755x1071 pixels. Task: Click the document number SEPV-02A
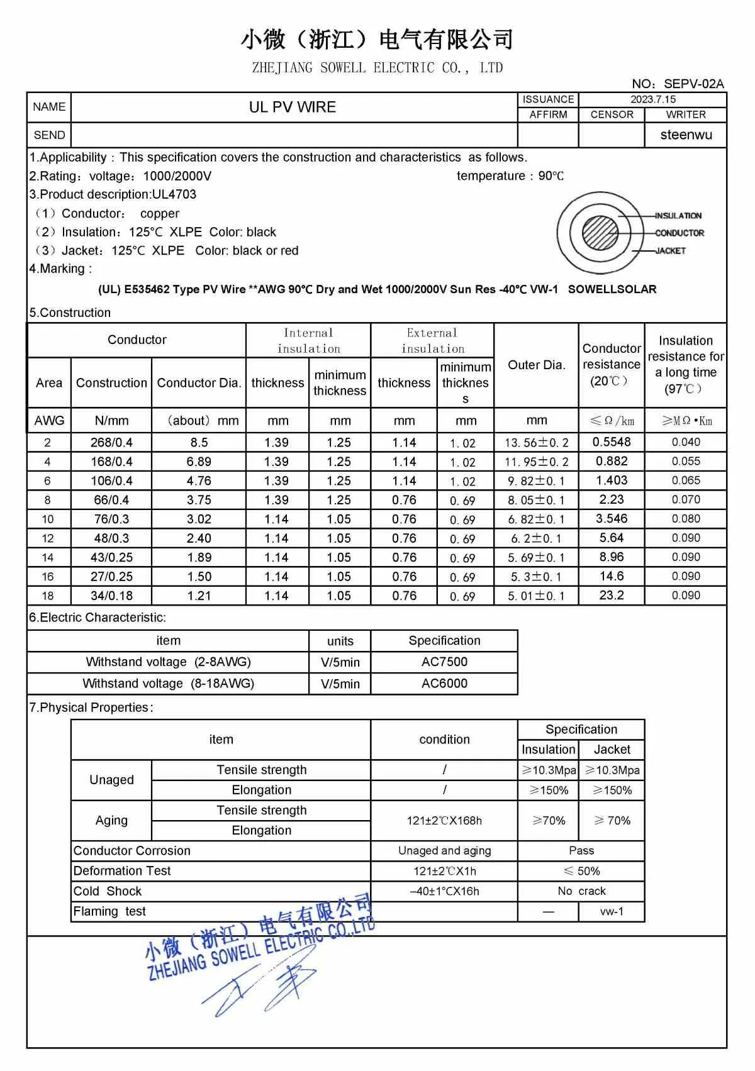pyautogui.click(x=693, y=84)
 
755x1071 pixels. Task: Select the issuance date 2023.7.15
pyautogui.click(x=652, y=99)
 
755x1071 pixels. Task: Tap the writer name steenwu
pyautogui.click(x=686, y=135)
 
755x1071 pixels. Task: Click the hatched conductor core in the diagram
pyautogui.click(x=600, y=233)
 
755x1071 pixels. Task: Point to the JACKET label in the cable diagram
pyautogui.click(x=670, y=251)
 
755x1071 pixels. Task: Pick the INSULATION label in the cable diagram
pyautogui.click(x=678, y=216)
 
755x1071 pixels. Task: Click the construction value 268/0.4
pyautogui.click(x=111, y=443)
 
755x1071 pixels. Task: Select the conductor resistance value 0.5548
pyautogui.click(x=612, y=442)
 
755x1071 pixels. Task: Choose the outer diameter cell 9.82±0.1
pyautogui.click(x=536, y=481)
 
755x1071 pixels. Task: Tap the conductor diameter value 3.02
pyautogui.click(x=199, y=519)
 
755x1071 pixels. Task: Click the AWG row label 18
pyautogui.click(x=48, y=596)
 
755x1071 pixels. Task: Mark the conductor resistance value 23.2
pyautogui.click(x=612, y=595)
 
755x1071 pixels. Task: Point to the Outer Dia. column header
pyautogui.click(x=536, y=365)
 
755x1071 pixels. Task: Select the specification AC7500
pyautogui.click(x=444, y=662)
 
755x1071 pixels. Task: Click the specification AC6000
pyautogui.click(x=444, y=684)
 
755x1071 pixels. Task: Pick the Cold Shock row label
pyautogui.click(x=108, y=891)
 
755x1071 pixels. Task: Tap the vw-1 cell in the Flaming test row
pyautogui.click(x=612, y=911)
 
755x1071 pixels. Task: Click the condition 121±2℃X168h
pyautogui.click(x=444, y=821)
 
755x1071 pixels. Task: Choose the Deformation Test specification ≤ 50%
pyautogui.click(x=581, y=871)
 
